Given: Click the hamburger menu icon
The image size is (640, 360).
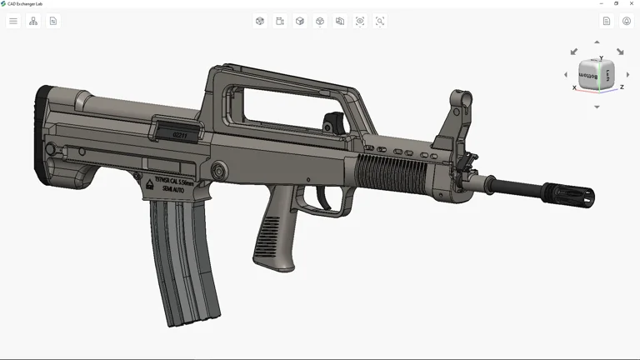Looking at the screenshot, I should point(13,21).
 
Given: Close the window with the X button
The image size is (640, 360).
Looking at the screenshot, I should point(630,3).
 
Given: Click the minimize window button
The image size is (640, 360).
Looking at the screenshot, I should point(602,3).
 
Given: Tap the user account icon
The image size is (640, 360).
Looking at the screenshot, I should point(627,21).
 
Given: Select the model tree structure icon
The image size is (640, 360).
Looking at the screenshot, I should point(33,21).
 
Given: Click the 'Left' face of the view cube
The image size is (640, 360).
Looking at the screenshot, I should point(608,75).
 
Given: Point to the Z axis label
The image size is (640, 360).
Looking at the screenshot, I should point(622,87).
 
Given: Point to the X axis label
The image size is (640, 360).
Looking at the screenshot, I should point(574,87).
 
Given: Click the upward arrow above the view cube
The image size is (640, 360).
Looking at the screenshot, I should point(597,42).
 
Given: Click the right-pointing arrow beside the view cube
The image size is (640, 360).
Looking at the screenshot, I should point(627,75).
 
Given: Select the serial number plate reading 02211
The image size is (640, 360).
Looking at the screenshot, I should point(179,134).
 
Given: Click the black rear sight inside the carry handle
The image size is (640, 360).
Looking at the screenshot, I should point(333,122).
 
